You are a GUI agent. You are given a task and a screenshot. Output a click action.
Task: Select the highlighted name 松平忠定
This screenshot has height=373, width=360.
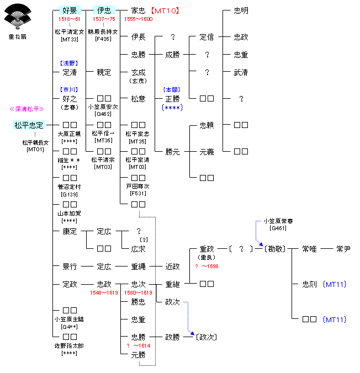[29, 125]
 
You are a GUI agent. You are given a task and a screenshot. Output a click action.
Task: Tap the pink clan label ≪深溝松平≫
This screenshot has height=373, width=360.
[28, 109]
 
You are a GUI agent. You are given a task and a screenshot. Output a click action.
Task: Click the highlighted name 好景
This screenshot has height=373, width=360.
[70, 10]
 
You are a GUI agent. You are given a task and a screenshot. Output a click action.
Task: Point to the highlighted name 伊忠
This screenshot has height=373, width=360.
[104, 10]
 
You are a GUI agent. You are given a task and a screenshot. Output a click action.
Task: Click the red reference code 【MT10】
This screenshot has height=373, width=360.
[166, 10]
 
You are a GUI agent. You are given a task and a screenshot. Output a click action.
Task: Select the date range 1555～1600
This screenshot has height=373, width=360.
[138, 19]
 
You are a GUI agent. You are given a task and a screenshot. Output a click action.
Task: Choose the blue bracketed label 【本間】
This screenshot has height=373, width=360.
[172, 89]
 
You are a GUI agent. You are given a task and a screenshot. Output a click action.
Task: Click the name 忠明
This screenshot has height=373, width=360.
[241, 10]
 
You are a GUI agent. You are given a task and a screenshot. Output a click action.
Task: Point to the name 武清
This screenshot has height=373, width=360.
[241, 72]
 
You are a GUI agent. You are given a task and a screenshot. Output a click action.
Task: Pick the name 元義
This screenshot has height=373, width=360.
[207, 152]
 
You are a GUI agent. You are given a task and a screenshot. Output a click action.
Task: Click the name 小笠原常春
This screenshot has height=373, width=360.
[278, 221]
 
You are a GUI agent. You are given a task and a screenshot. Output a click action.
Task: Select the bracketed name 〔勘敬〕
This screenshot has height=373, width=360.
[274, 249]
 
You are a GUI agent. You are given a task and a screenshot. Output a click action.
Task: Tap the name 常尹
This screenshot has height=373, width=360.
[343, 249]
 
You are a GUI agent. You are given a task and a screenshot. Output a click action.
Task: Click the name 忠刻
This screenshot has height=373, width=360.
[309, 285]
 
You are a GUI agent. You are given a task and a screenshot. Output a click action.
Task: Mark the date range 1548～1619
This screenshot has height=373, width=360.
[104, 292]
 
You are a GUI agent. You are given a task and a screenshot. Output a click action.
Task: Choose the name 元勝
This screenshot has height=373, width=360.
[138, 355]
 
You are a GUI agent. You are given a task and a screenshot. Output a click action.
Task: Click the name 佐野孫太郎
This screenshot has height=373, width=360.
[70, 345]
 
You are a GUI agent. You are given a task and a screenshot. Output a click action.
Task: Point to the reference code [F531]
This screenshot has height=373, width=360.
[138, 194]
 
